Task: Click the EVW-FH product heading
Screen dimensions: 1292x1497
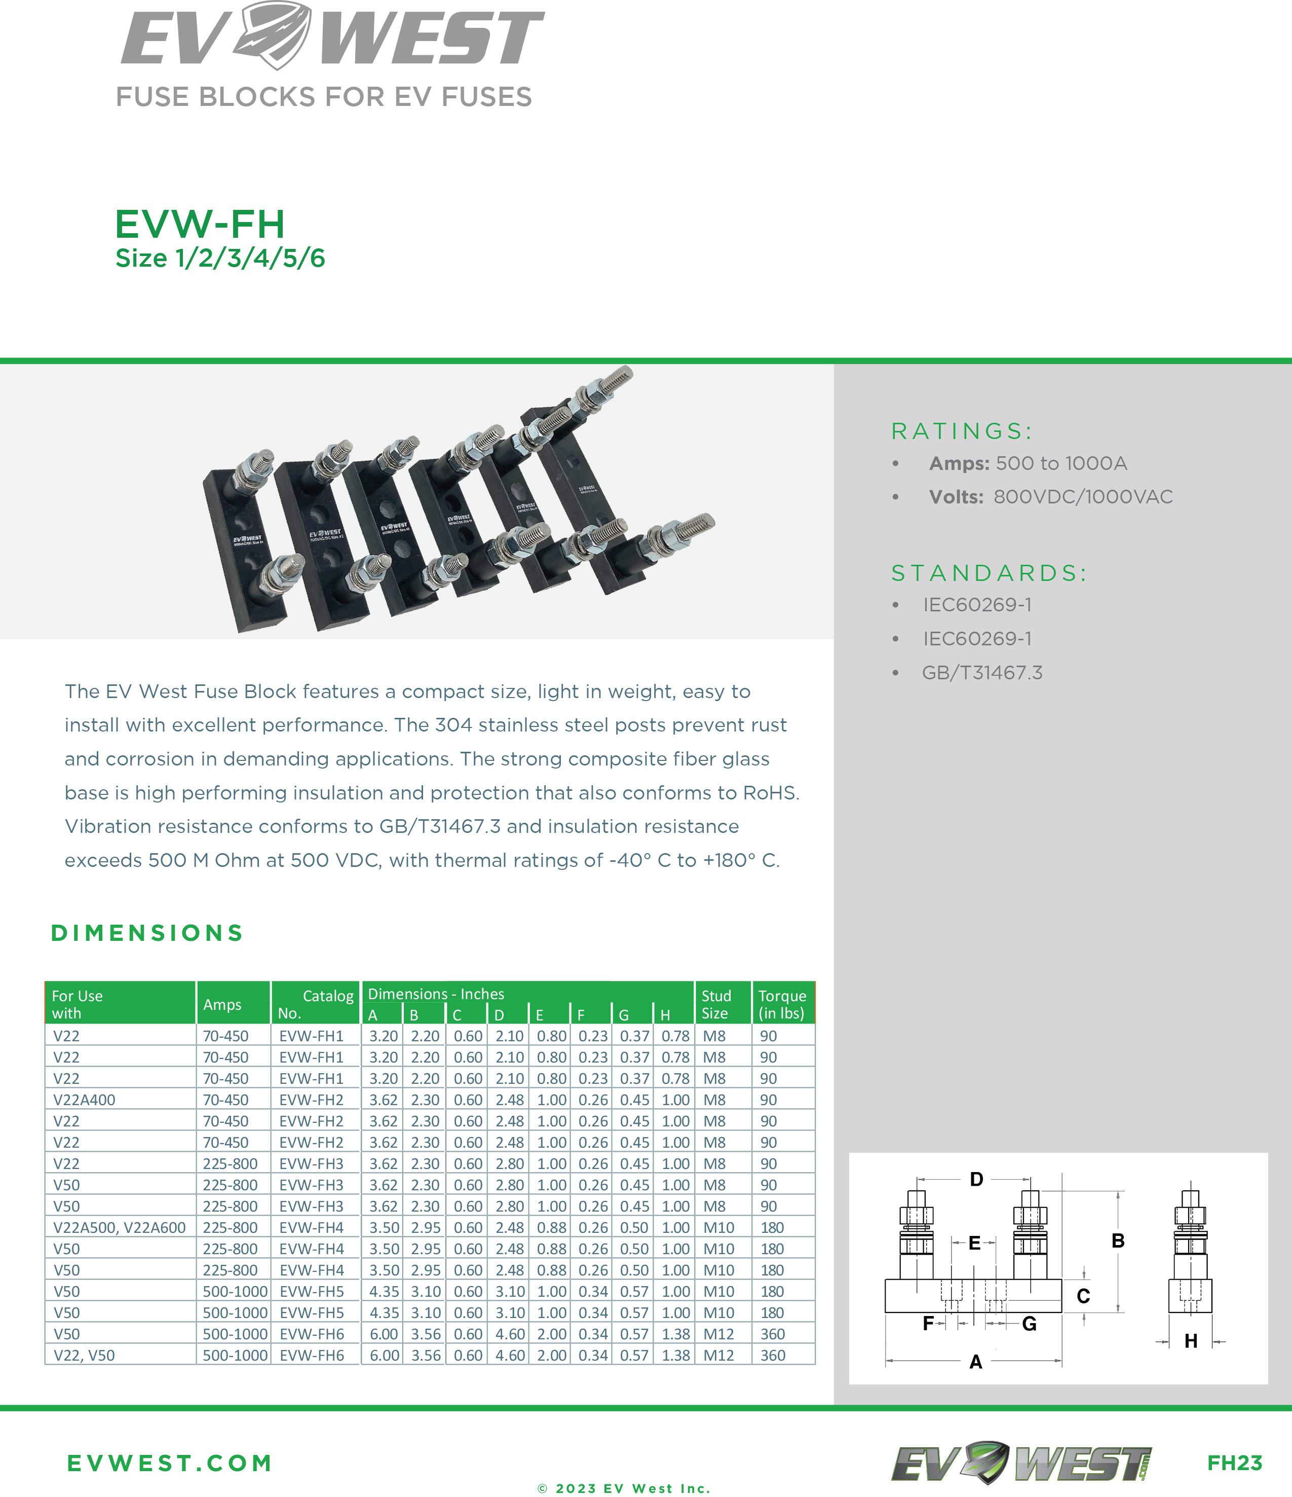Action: [200, 224]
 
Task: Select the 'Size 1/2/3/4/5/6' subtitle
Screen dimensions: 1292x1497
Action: [220, 258]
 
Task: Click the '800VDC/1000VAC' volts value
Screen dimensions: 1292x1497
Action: [1083, 497]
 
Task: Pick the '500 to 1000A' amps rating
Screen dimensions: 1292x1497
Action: [1061, 464]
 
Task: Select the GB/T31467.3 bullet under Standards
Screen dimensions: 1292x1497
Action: [982, 673]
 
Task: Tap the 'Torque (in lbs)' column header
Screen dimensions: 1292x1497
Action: [782, 1004]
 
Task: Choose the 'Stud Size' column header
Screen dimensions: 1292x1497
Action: [716, 1004]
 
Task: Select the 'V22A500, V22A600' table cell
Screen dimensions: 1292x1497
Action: [119, 1227]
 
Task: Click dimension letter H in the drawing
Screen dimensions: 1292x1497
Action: [1191, 1341]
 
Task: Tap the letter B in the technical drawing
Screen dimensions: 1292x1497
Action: [1118, 1240]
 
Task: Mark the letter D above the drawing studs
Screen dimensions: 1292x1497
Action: [976, 1179]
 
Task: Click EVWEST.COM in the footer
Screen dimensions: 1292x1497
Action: [170, 1463]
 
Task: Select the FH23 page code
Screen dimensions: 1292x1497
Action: [1234, 1463]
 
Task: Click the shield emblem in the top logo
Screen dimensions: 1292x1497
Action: [272, 34]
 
